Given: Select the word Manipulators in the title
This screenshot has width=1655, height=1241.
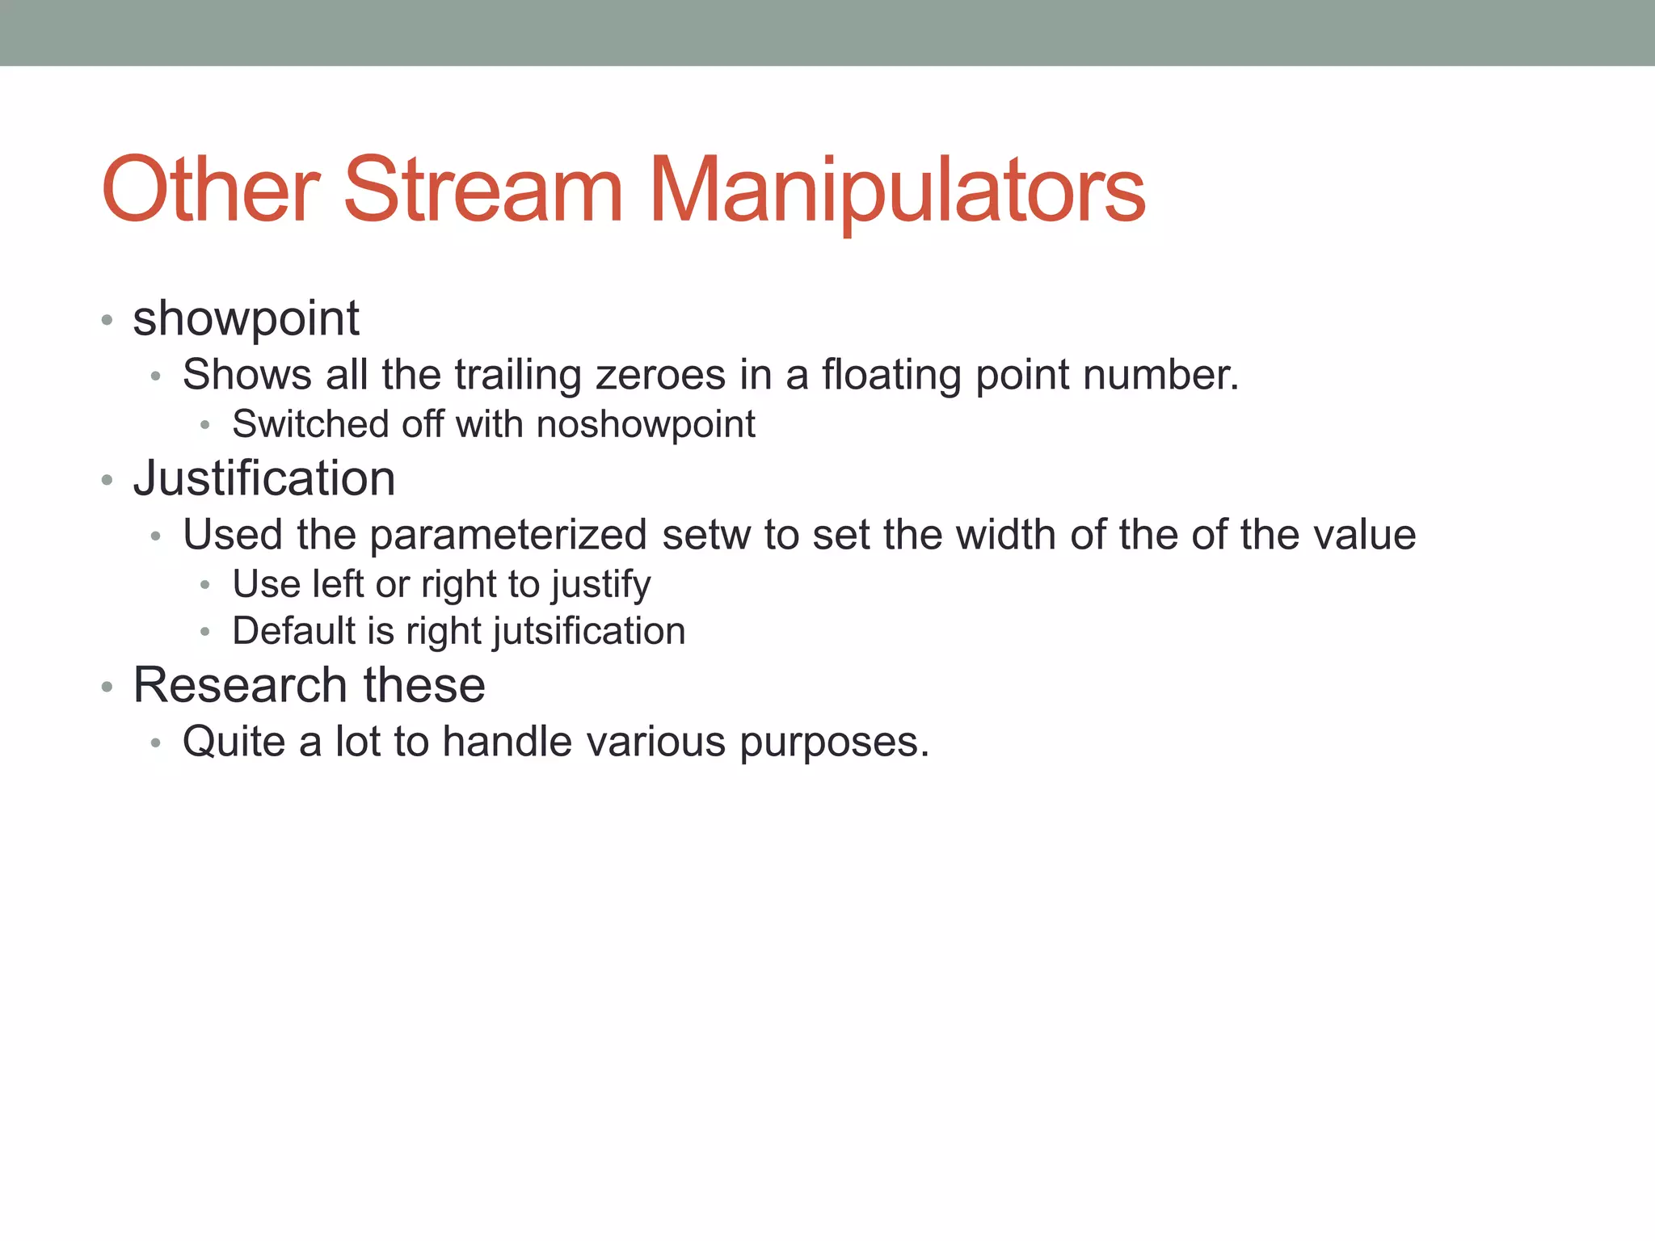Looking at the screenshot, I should point(897,191).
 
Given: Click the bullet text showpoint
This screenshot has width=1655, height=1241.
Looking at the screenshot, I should point(246,319).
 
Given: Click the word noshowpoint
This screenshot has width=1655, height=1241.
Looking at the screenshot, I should point(646,425).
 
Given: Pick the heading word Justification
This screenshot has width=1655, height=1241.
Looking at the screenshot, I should point(264,478).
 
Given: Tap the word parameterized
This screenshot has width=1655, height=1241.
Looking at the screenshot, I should point(507,536).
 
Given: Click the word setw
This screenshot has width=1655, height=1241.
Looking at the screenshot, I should point(706,536).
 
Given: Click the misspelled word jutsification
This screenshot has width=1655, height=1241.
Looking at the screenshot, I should point(589,632).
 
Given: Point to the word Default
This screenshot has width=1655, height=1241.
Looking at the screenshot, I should point(293,631).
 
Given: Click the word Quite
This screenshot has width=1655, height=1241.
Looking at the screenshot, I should point(234,742).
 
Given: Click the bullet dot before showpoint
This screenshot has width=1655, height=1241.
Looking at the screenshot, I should point(107,321).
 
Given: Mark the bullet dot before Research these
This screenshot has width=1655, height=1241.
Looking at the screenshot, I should point(107,688).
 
